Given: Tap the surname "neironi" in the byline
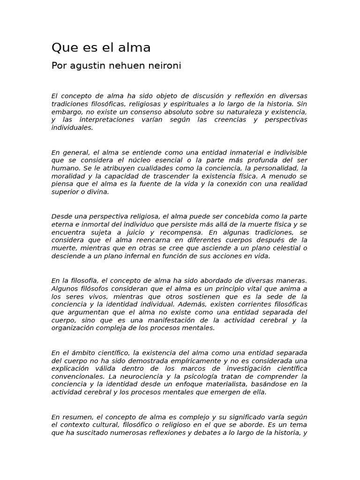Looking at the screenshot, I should click(x=165, y=66).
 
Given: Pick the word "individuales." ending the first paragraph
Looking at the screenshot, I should click(x=72, y=128).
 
